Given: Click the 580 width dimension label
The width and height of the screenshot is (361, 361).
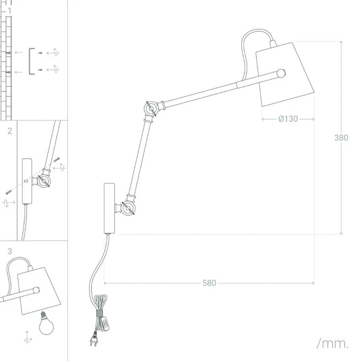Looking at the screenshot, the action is pos(209,283).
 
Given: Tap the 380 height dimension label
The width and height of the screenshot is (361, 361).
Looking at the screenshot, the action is pos(341,138).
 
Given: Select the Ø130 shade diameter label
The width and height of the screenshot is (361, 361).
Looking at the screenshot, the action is pos(288,119).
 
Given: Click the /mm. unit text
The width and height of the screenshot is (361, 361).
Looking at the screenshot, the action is pos(332,344).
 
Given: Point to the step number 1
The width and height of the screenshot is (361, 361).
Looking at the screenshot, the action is pos(10,10).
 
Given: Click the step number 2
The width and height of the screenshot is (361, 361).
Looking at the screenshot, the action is pos(10,131).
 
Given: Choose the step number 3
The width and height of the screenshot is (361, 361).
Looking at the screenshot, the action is pos(10,251).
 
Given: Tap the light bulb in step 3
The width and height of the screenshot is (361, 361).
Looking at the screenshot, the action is pos(46,323).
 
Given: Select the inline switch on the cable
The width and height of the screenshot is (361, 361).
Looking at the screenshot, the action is pos(105,324).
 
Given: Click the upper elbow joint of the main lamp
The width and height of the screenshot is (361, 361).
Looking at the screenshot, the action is pos(151,108).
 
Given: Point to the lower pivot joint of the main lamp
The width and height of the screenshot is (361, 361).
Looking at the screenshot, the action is pos(128,208).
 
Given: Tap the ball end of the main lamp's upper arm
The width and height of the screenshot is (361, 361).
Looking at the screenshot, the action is pos(281,73).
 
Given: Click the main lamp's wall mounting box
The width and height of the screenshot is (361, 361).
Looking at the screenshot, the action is pos(110,208).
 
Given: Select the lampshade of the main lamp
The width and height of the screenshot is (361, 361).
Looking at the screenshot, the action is pos(285,74).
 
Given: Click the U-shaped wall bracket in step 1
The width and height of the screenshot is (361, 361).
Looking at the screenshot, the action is pos(31,61).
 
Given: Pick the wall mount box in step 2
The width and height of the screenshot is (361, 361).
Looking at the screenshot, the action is pos(27,181).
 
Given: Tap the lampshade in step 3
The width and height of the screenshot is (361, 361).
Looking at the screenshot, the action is pos(39,291).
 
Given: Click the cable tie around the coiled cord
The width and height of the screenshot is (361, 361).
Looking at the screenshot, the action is pos(99,313).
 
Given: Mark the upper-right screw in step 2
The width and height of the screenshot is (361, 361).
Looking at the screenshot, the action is pos(57,159).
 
